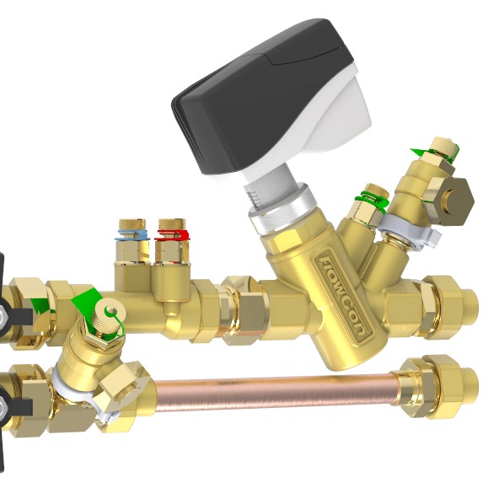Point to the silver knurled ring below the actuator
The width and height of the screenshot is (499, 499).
coord(281,207)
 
